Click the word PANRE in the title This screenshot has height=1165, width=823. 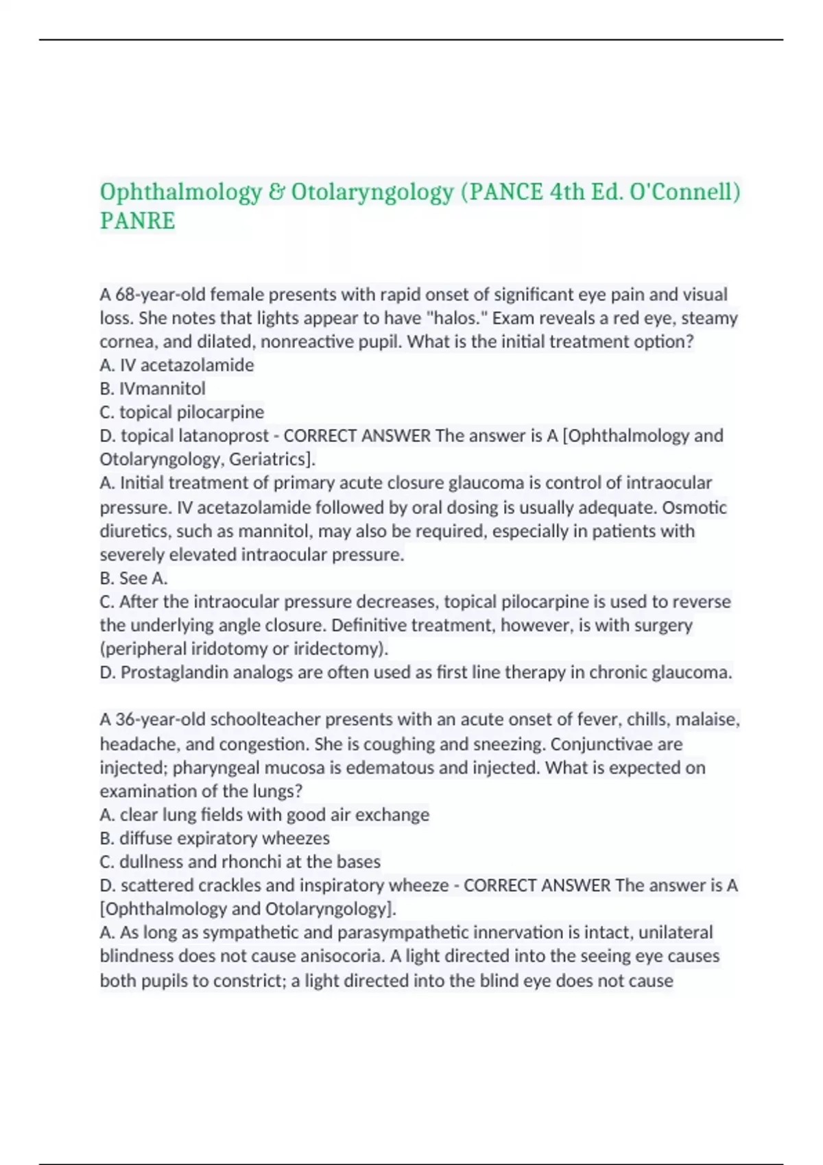click(x=138, y=221)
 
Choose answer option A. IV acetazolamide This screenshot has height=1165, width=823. click(x=177, y=365)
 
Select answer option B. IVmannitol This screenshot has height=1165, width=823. click(x=153, y=389)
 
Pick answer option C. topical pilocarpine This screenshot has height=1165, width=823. click(x=182, y=412)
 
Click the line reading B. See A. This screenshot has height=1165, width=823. click(x=134, y=578)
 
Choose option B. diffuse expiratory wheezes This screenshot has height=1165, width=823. click(x=215, y=838)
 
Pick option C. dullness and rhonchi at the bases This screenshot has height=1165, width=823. click(x=240, y=861)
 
